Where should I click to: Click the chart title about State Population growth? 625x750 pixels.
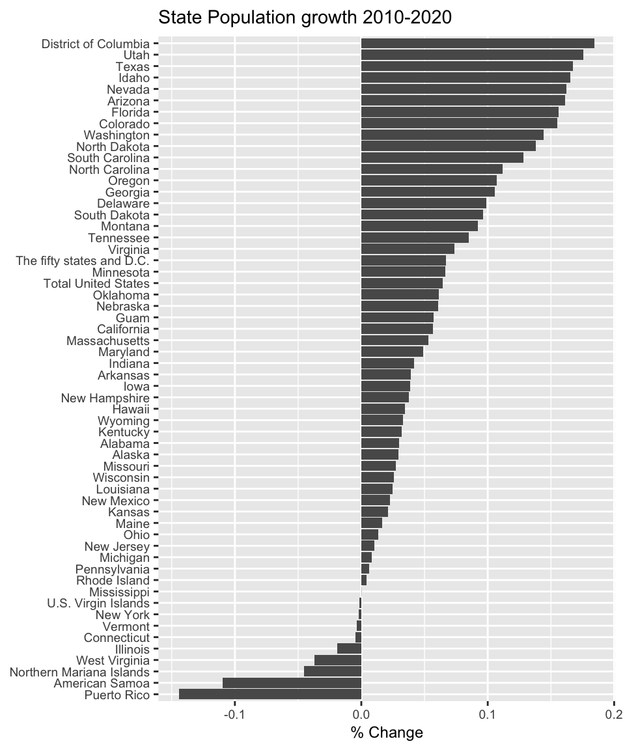click(305, 18)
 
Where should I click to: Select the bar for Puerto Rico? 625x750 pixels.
click(270, 695)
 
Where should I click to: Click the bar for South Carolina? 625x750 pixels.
click(442, 158)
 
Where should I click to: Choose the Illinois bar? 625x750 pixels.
click(349, 649)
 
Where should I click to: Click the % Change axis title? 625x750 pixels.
click(387, 734)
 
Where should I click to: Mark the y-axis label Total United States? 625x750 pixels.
click(96, 284)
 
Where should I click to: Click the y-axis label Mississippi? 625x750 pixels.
click(119, 592)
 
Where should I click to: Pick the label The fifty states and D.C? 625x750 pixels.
click(83, 261)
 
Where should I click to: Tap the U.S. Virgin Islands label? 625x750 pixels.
click(98, 604)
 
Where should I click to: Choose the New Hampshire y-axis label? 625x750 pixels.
click(105, 398)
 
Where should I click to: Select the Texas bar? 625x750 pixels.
click(467, 66)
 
